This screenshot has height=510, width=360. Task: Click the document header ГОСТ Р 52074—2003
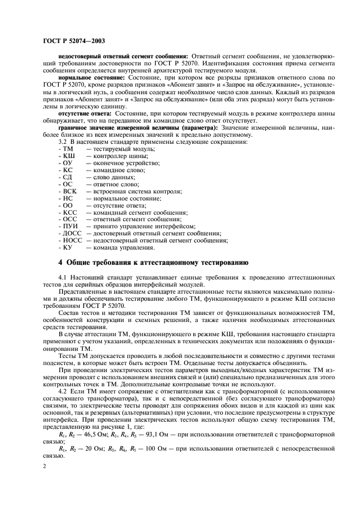[x=74, y=41]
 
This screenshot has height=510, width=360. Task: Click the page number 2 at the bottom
[x=45, y=466]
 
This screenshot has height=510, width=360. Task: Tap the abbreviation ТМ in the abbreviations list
[x=68, y=149]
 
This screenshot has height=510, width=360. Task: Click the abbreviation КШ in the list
[x=69, y=156]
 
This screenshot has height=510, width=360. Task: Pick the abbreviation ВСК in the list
[x=71, y=191]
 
